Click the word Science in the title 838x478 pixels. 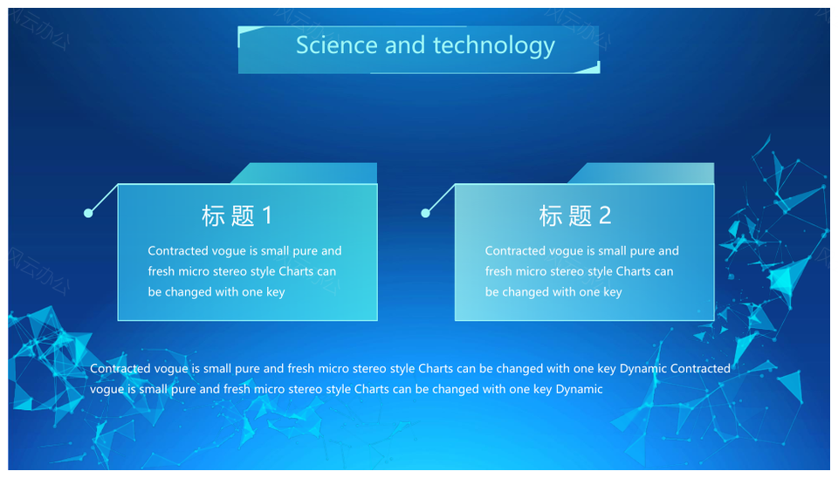click(337, 44)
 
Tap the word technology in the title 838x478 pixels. click(494, 46)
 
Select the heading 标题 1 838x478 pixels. click(237, 215)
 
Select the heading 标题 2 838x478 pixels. click(574, 215)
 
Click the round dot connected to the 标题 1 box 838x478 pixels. click(88, 213)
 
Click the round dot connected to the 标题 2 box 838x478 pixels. click(425, 213)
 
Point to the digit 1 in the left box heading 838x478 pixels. click(267, 215)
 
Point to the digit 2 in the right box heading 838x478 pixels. click(605, 215)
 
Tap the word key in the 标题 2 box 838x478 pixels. click(613, 293)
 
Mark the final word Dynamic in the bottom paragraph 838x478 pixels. click(579, 389)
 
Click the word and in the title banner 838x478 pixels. click(405, 44)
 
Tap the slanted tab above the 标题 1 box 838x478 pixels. click(304, 173)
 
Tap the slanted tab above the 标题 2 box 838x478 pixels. click(641, 173)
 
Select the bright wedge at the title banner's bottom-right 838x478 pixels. click(591, 68)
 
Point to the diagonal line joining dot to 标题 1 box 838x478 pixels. click(103, 199)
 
